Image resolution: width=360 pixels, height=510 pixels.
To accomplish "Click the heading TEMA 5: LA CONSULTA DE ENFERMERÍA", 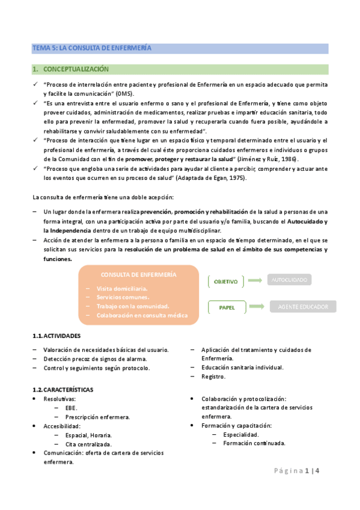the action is (92, 48).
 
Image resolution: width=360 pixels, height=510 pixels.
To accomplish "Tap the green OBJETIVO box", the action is (226, 281).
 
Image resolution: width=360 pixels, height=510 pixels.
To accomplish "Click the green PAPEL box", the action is (226, 307).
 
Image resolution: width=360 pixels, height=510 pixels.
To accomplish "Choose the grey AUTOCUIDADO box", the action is (290, 280).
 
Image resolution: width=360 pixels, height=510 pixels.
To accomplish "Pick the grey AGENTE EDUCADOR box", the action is (303, 307).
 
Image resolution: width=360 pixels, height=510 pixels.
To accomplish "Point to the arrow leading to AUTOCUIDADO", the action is (255, 280).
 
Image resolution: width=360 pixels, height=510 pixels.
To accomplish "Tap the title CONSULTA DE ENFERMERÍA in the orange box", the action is (138, 274).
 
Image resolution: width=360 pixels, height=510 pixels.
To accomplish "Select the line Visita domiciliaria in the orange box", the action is (122, 289).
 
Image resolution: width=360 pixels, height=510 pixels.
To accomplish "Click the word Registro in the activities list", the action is (213, 376).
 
